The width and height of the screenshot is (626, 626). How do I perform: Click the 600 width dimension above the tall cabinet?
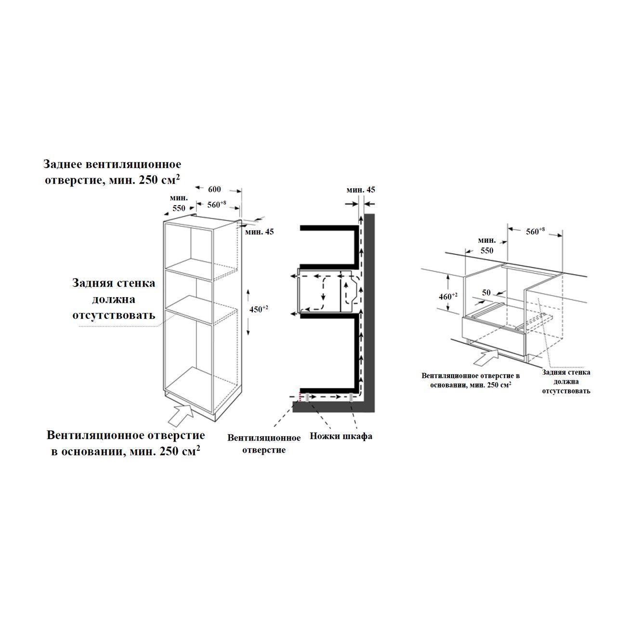(214, 189)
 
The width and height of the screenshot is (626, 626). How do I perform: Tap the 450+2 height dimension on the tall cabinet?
(259, 309)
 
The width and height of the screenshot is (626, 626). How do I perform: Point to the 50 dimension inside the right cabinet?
(486, 292)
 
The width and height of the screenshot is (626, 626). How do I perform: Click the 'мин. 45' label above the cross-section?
(361, 190)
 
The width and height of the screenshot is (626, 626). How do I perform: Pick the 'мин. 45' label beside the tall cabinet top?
(259, 232)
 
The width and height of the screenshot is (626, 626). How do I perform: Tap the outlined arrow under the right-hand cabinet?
(486, 357)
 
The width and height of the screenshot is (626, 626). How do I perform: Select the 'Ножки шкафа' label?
(341, 436)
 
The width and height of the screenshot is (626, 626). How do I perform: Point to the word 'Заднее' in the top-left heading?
(63, 164)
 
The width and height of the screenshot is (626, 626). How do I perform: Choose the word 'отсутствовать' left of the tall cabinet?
(114, 315)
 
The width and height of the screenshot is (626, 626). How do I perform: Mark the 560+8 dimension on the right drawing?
(535, 231)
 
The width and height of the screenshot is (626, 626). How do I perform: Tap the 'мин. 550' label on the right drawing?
(487, 245)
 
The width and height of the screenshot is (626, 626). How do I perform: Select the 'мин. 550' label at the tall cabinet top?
(179, 203)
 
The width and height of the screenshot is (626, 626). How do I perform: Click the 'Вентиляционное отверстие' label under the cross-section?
(264, 444)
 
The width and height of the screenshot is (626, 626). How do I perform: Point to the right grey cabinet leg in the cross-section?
(351, 398)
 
